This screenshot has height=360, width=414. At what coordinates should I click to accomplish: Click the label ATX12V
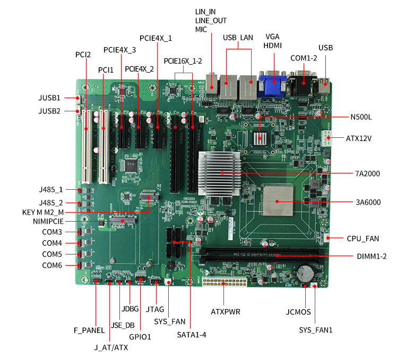pos(359,138)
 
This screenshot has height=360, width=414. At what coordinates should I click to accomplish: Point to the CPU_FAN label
pos(363,239)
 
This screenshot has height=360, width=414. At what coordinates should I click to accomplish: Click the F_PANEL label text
pos(89,330)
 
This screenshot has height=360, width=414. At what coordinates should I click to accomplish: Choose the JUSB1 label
pos(49,98)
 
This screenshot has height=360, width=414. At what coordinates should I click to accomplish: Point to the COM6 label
pos(52,265)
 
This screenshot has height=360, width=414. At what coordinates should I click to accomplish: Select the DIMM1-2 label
pos(372,256)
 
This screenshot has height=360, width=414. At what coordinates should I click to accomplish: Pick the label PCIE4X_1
pos(156,38)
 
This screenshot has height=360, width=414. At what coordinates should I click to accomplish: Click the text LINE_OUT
pos(211,21)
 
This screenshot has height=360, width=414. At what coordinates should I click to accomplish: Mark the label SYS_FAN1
pos(315,330)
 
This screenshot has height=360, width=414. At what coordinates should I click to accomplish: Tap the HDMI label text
pos(272,46)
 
